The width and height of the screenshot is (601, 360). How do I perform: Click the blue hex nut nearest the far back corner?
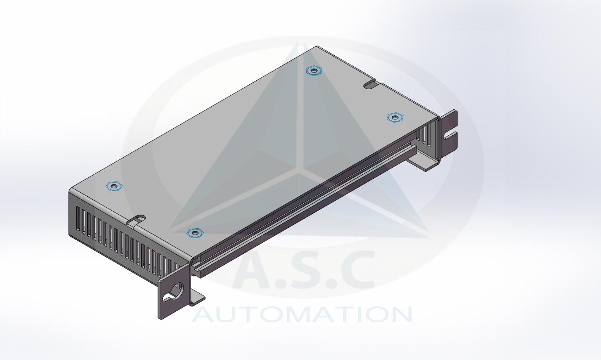pos(314,71)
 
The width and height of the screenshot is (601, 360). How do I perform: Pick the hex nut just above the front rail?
pos(195,233)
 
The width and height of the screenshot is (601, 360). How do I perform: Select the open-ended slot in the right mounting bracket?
pos(450,136)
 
